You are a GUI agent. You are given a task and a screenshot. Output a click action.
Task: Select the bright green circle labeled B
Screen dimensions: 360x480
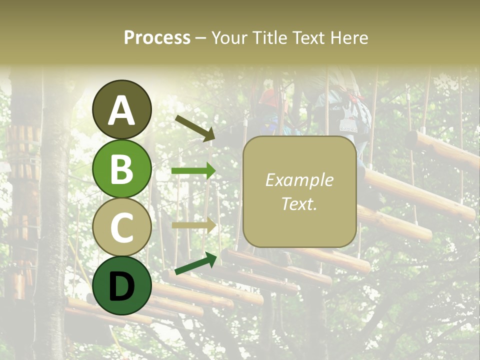coord(121,169)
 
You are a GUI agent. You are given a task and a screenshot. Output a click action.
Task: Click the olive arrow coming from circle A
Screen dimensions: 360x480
coord(194,128)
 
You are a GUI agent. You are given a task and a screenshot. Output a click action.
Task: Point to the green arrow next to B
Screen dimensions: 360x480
coord(193,171)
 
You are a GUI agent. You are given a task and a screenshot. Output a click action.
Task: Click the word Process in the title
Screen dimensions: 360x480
coord(157,38)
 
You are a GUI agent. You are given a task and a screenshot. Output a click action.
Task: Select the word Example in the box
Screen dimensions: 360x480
coord(299,180)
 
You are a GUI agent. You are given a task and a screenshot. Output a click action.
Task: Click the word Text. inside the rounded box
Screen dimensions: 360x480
coord(299,204)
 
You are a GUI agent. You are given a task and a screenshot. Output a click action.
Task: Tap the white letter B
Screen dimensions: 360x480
coord(121,169)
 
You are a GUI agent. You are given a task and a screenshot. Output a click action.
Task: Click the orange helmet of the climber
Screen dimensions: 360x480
coord(270,97)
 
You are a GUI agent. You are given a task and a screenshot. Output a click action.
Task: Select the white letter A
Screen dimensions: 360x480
coord(121,110)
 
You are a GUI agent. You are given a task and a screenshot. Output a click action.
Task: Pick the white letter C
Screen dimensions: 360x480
coord(121,228)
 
